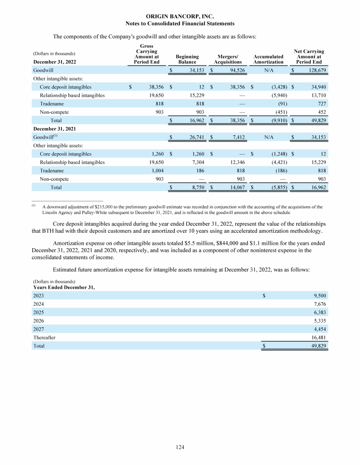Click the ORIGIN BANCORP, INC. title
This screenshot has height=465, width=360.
(180, 16)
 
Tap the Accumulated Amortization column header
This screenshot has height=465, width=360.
(268, 59)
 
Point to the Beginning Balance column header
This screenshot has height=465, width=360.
(187, 59)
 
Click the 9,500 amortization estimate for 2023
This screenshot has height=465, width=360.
(319, 295)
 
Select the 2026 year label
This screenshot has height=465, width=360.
(39, 320)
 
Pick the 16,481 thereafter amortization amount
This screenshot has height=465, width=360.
(317, 337)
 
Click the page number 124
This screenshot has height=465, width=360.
(180, 447)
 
